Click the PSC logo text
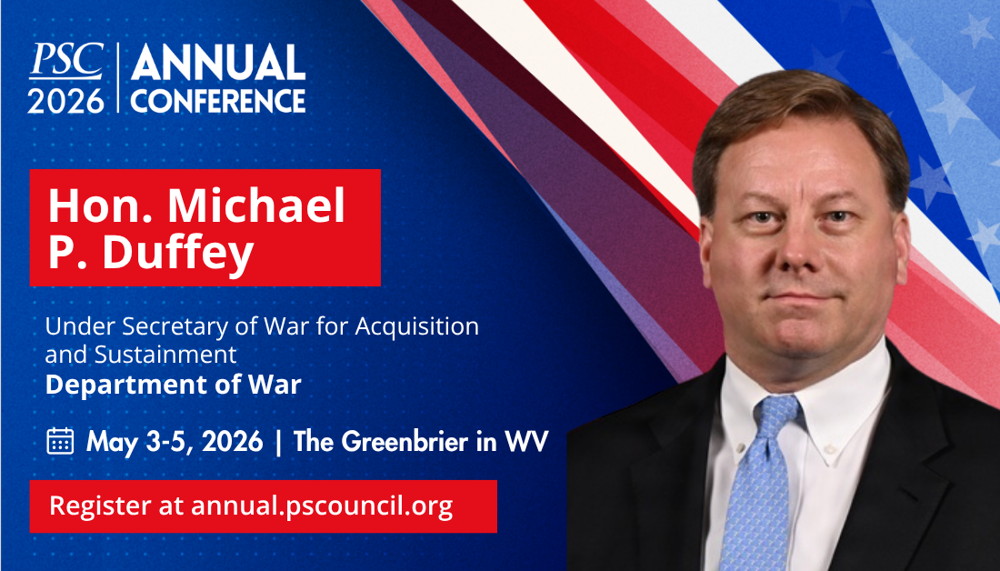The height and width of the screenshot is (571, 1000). click(x=66, y=61)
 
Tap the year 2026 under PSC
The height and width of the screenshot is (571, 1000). click(x=66, y=100)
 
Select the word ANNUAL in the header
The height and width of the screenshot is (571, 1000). click(x=218, y=63)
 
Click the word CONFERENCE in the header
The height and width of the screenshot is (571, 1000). click(x=218, y=100)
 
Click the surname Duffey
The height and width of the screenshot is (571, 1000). click(x=178, y=254)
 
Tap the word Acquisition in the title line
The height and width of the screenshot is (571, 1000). click(x=416, y=326)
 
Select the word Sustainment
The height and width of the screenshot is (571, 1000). click(x=165, y=354)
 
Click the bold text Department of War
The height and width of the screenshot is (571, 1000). click(x=173, y=385)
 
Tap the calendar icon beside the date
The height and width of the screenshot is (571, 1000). click(x=61, y=441)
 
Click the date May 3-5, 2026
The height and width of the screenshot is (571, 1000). click(x=175, y=442)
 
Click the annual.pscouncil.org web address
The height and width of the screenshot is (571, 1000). click(x=322, y=506)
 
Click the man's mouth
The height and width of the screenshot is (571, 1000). click(x=801, y=297)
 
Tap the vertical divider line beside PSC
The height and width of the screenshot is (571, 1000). click(x=118, y=78)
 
